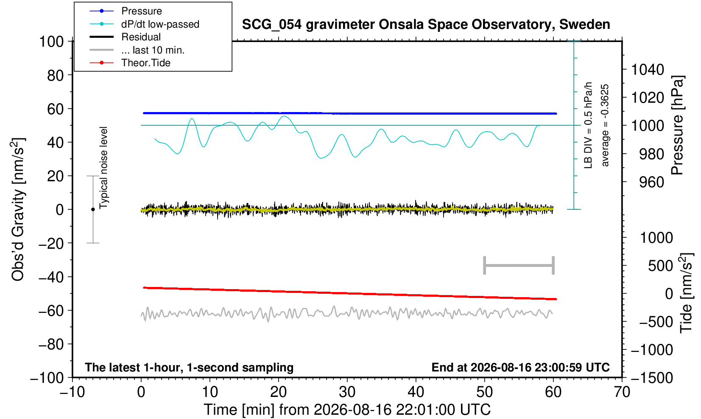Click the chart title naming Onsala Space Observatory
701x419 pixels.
[426, 25]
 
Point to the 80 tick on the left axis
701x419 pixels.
[56, 75]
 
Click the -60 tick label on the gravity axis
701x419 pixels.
[51, 311]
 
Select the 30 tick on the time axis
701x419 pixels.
[347, 392]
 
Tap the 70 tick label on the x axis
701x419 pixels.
[622, 392]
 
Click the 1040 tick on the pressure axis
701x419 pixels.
[648, 69]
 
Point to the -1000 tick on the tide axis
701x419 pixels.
[652, 350]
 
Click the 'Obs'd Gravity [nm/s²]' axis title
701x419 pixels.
[18, 209]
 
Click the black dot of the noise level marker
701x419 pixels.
[93, 209]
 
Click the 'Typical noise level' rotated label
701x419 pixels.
[103, 168]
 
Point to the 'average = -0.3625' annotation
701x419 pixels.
[605, 125]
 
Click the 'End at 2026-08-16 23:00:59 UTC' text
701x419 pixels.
[520, 367]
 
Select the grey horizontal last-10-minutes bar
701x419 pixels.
[519, 265]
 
